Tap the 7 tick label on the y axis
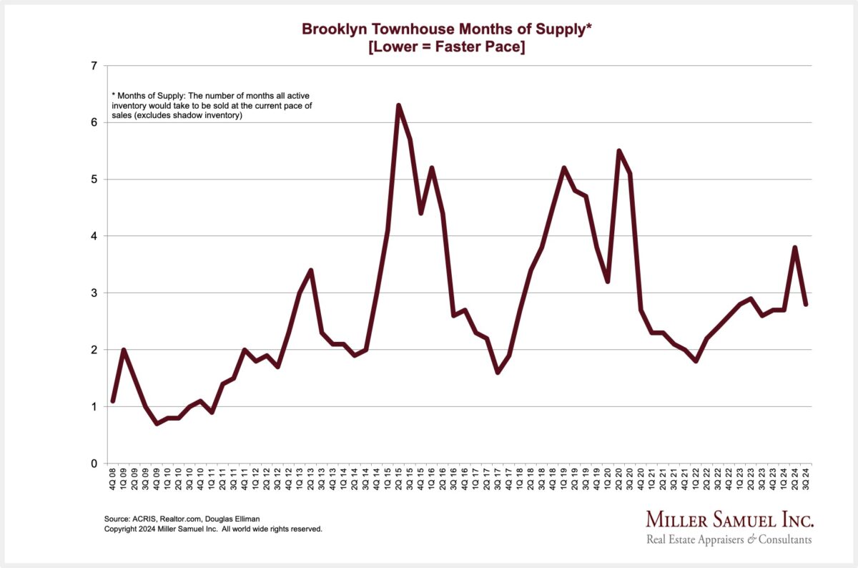[x=93, y=66]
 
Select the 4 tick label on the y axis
[x=93, y=236]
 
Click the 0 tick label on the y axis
[x=93, y=464]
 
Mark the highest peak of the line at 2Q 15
[x=398, y=106]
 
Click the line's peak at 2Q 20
[x=618, y=151]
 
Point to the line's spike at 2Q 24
[x=795, y=248]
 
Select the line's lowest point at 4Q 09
[x=157, y=423]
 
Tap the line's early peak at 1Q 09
[x=124, y=350]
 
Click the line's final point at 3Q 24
[x=806, y=304]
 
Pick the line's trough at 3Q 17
[x=498, y=373]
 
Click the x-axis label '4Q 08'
[x=113, y=479]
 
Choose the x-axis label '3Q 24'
[x=806, y=479]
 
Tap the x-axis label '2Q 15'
[x=398, y=479]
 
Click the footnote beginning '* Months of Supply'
[x=214, y=105]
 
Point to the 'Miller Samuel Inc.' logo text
[x=729, y=519]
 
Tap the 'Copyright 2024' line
[x=213, y=529]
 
